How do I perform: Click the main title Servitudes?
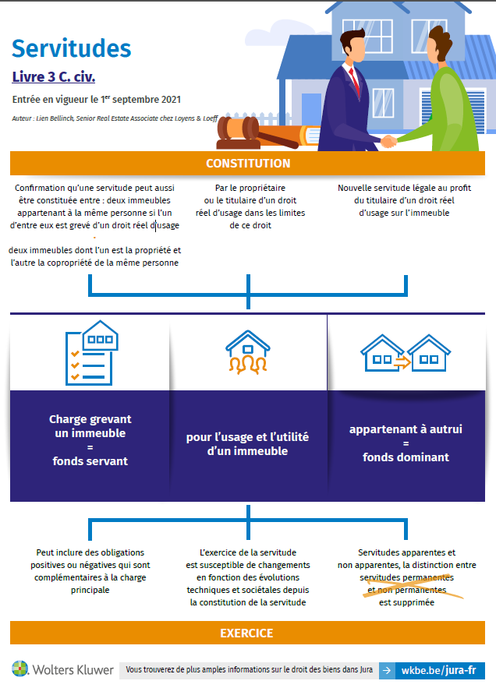pyautogui.click(x=71, y=48)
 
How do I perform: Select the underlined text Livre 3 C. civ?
pyautogui.click(x=54, y=77)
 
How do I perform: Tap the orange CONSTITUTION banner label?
pyautogui.click(x=248, y=164)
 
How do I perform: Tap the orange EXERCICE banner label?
pyautogui.click(x=247, y=633)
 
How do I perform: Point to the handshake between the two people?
pyautogui.click(x=388, y=141)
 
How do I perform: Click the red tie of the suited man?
pyautogui.click(x=355, y=78)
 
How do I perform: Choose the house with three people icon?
pyautogui.click(x=247, y=352)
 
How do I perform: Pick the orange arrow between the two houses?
pyautogui.click(x=402, y=361)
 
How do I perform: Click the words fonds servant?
pyautogui.click(x=90, y=460)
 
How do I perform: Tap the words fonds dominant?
pyautogui.click(x=406, y=457)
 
